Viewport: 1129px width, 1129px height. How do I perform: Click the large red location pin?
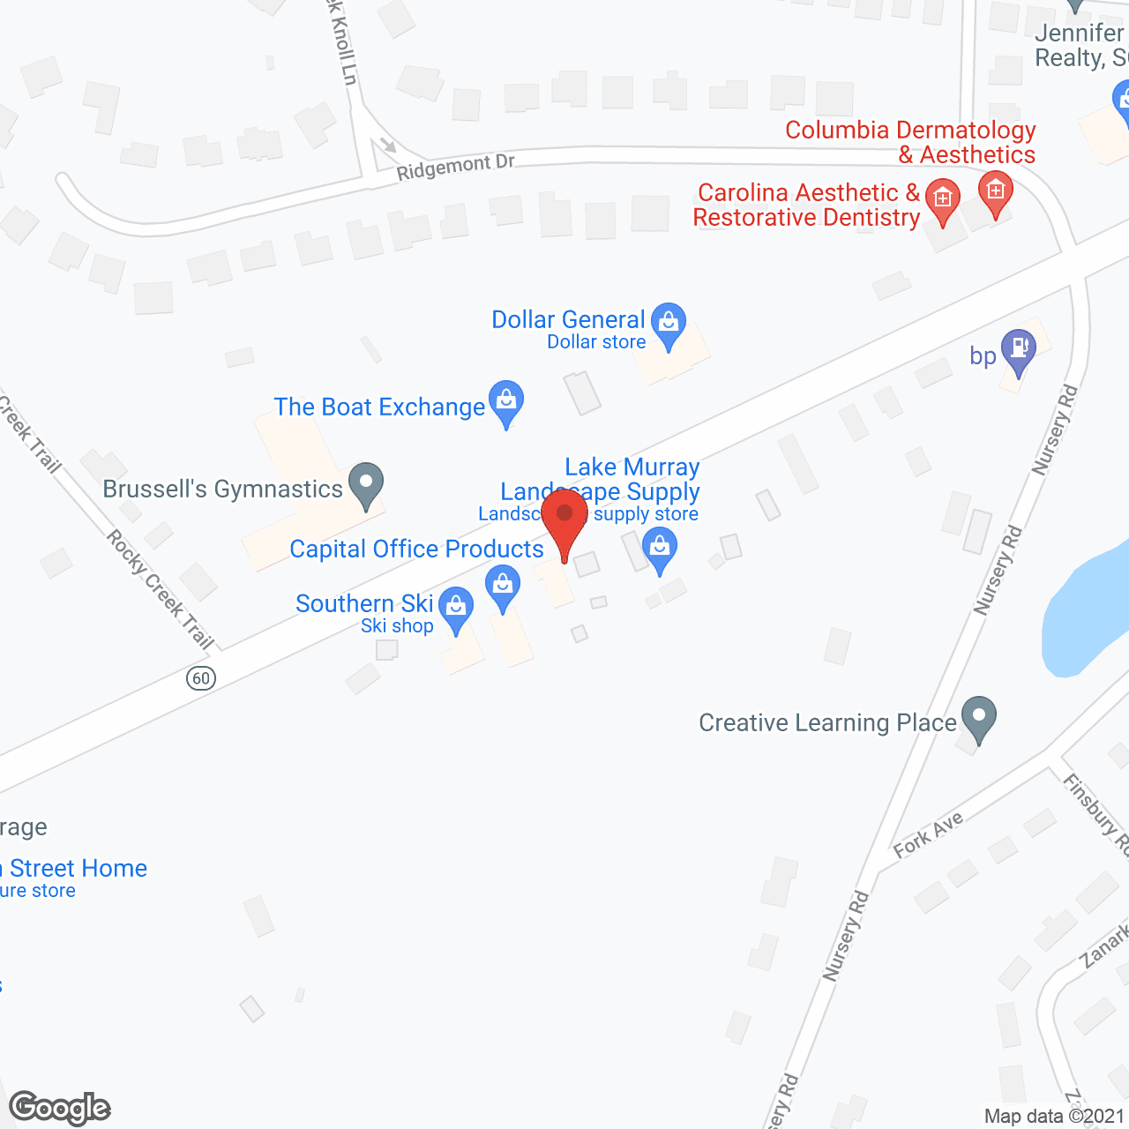tap(564, 516)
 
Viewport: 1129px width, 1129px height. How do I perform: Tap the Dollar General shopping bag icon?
tap(669, 323)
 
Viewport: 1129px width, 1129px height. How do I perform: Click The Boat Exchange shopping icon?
tap(506, 401)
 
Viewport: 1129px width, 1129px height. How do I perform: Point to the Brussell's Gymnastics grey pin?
tap(366, 483)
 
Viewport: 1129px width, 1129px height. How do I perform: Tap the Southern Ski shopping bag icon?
tap(456, 608)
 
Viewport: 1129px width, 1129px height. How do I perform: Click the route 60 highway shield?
tap(201, 677)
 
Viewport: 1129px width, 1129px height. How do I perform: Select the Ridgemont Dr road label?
tap(455, 167)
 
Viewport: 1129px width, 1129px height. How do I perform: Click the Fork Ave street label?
tap(928, 834)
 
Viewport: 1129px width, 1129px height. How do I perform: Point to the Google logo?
tap(60, 1108)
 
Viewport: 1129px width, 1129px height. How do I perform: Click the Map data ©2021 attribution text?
tap(1054, 1116)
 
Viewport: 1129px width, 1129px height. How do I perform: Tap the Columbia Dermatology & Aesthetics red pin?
tap(996, 191)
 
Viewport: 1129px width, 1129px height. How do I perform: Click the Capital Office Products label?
tap(416, 549)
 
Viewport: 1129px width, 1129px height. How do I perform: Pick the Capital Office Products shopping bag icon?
tap(503, 586)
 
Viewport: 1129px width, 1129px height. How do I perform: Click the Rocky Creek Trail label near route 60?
tap(161, 589)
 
